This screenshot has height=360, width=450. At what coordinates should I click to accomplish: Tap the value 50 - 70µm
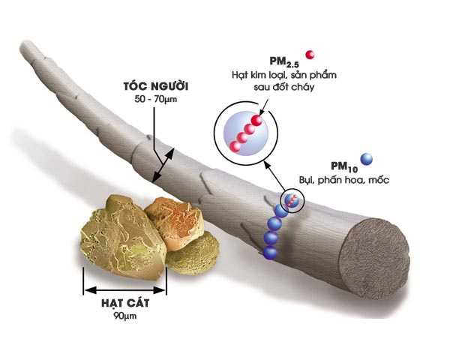[x=156, y=99]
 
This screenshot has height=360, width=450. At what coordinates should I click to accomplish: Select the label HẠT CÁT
[x=125, y=303]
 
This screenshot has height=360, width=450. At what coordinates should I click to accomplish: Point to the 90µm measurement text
[x=125, y=316]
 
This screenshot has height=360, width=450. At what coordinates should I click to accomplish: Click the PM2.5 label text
[x=284, y=61]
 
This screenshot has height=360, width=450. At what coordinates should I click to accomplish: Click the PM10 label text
[x=344, y=166]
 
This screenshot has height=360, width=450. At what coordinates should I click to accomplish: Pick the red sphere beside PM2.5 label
[x=310, y=55]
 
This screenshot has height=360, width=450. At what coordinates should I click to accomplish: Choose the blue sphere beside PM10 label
[x=367, y=159]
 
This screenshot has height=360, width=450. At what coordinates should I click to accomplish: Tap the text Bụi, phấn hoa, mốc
[x=344, y=180]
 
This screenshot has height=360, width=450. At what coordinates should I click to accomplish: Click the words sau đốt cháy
[x=284, y=87]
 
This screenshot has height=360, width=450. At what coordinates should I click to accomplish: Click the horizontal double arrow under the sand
[x=125, y=290]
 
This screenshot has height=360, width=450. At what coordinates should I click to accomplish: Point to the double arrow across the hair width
[x=163, y=165]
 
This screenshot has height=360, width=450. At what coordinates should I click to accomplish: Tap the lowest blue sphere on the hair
[x=270, y=253]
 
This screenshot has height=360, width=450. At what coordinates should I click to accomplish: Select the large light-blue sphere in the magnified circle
[x=246, y=133]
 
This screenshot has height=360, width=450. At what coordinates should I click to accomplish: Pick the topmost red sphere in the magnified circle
[x=256, y=121]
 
